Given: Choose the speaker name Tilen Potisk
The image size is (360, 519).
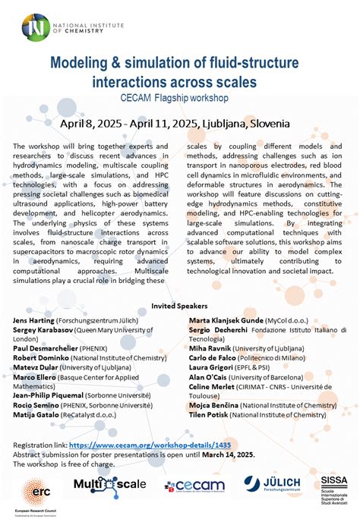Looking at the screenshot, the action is [x=210, y=417].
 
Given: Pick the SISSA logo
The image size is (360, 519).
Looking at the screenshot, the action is [x=333, y=486].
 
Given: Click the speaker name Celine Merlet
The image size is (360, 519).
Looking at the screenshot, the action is [x=213, y=385].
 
